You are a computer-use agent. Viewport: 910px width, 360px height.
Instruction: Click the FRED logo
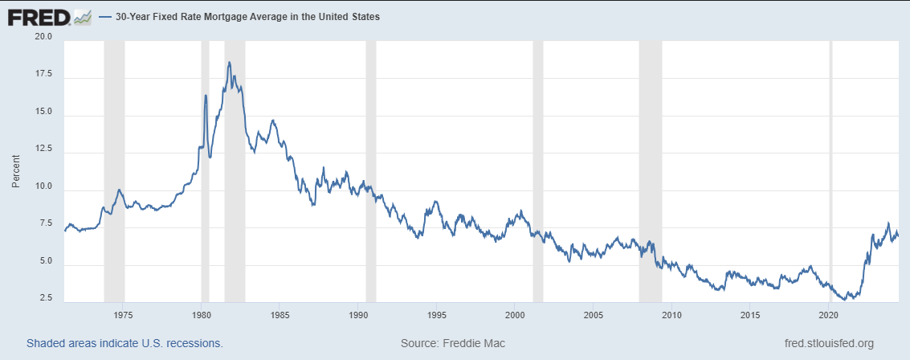point(50,18)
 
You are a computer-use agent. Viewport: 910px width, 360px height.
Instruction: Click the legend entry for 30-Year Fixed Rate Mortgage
point(239,18)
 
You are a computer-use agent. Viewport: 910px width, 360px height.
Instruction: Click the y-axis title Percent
point(16,170)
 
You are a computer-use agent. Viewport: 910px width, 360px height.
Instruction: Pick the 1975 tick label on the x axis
point(122,315)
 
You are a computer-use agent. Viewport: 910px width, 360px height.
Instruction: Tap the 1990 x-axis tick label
point(358,315)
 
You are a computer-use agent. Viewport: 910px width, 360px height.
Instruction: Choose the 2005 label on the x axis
point(593,315)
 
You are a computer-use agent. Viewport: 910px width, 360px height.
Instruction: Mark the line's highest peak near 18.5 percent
point(229,62)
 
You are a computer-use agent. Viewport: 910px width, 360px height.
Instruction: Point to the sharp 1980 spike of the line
point(206,96)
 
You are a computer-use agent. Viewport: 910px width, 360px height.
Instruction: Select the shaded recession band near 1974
point(114,172)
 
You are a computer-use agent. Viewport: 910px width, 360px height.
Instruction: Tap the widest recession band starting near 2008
point(651,172)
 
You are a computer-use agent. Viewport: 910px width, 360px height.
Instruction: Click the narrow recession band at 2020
point(830,172)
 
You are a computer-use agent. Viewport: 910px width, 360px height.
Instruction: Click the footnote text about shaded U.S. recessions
point(124,343)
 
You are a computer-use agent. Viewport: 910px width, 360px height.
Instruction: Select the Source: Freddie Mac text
point(453,343)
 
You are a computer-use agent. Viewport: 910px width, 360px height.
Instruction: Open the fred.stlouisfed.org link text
point(829,343)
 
